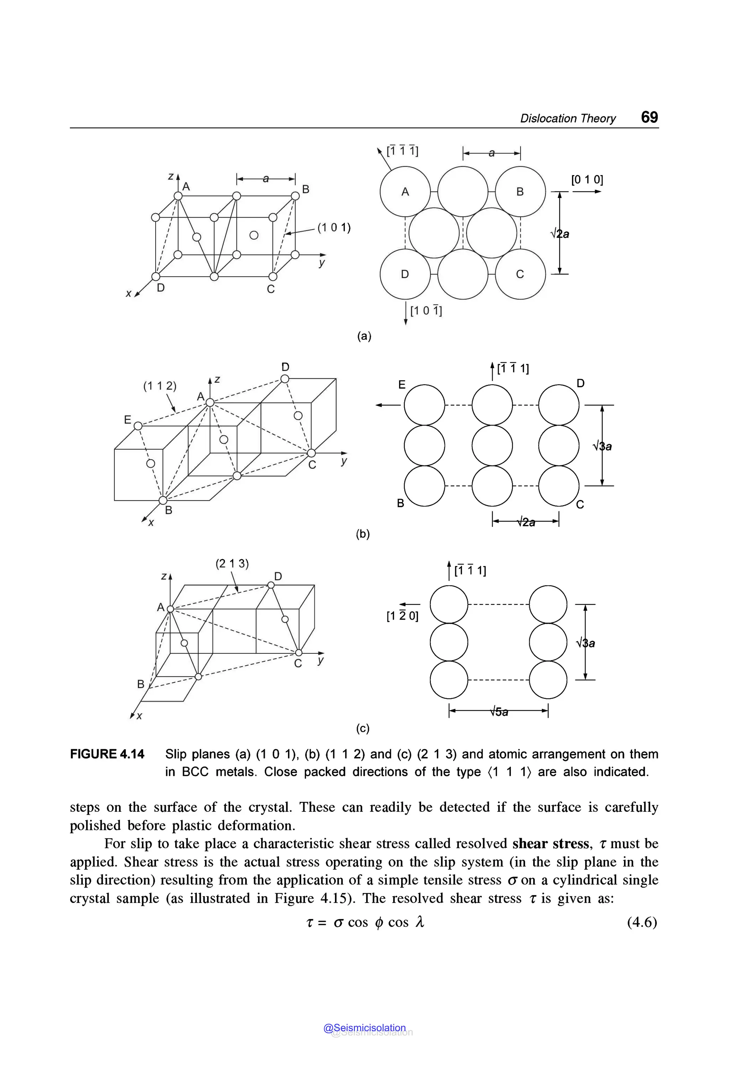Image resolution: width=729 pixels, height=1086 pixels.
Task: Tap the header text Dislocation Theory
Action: tap(568, 119)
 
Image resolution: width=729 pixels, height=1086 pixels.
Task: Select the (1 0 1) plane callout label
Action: tap(334, 228)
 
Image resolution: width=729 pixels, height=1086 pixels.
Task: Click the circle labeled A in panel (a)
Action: tap(405, 192)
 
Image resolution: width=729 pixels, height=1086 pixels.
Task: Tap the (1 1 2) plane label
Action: tap(159, 386)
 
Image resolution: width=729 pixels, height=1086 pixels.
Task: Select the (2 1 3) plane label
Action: tap(232, 564)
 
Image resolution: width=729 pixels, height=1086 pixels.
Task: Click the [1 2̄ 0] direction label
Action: tap(402, 616)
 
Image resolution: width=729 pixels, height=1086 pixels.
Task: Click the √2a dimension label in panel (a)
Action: tap(560, 234)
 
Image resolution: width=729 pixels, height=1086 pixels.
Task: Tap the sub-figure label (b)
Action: tap(363, 534)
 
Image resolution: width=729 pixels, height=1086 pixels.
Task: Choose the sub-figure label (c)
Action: tap(363, 729)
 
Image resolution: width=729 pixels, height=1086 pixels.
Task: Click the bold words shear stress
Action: tap(551, 843)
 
